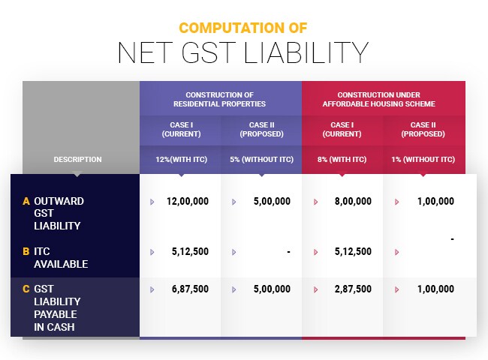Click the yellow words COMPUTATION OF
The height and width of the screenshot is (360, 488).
(243, 28)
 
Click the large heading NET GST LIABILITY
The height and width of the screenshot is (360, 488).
(243, 53)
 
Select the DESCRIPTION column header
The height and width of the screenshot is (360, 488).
(77, 159)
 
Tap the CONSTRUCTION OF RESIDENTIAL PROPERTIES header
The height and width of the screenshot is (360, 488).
(219, 99)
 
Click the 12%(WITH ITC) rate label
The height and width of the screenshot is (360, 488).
(180, 159)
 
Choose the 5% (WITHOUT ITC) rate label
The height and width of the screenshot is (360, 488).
(261, 159)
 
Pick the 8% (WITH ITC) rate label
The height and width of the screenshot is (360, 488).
(342, 159)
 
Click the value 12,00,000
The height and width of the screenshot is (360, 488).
(188, 201)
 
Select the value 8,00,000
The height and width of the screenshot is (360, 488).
(353, 201)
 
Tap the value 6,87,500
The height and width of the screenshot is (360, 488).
(191, 289)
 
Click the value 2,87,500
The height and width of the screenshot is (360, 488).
(353, 289)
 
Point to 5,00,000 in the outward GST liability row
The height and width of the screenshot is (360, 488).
(271, 201)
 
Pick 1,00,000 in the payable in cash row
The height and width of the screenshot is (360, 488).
(433, 289)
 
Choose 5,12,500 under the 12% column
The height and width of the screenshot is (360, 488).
(191, 251)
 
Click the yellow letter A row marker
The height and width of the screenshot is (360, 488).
(26, 201)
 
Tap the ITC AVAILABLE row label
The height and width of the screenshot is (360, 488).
(61, 257)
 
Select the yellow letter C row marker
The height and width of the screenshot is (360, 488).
(26, 289)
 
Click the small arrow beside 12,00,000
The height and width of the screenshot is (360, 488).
(152, 202)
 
